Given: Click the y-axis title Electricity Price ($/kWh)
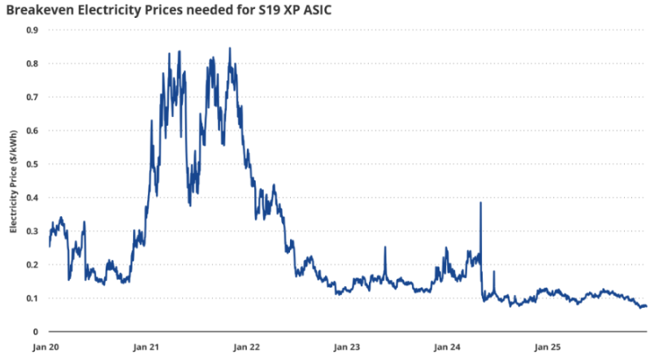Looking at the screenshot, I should (x=13, y=182).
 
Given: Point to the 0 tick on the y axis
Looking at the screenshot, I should (x=36, y=332).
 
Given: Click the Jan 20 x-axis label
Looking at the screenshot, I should (x=49, y=347).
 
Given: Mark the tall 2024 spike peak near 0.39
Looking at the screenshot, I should (x=481, y=203).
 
